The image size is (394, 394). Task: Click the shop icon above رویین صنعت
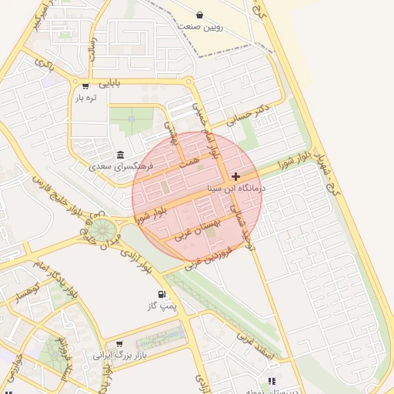click(x=200, y=15)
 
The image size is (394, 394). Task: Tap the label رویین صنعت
click(x=200, y=26)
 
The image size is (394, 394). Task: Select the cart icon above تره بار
click(x=85, y=86)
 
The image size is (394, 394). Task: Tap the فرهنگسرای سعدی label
click(x=122, y=166)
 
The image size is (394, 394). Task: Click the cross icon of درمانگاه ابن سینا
click(x=235, y=176)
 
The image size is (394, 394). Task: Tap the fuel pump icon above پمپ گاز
click(x=162, y=294)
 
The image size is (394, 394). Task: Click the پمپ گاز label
click(x=162, y=306)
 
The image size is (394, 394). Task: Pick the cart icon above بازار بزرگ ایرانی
click(x=119, y=344)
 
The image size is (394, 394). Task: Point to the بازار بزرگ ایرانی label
click(x=119, y=356)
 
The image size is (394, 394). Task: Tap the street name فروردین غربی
click(x=209, y=258)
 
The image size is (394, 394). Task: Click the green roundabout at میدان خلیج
click(x=100, y=229)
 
